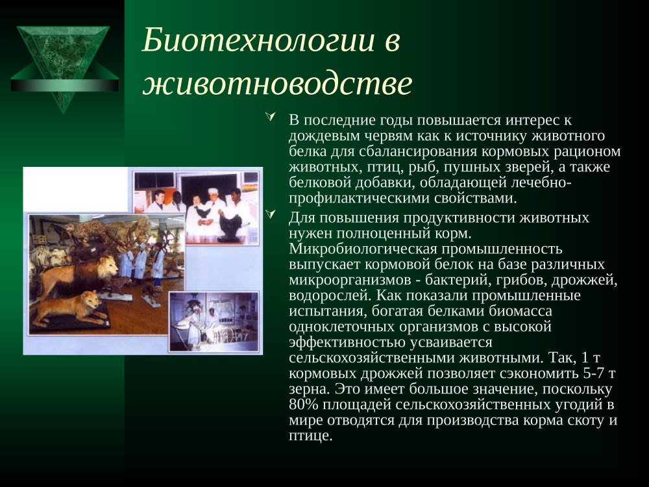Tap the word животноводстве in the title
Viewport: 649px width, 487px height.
pos(277,84)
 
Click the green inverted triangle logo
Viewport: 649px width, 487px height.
pos(64,68)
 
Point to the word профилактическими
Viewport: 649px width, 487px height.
pos(359,198)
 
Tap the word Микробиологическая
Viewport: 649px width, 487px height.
pos(363,249)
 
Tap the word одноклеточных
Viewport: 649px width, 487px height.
pos(341,327)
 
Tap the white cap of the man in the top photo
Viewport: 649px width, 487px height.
pos(212,191)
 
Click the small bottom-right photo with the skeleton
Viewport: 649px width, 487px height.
pos(214,322)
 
